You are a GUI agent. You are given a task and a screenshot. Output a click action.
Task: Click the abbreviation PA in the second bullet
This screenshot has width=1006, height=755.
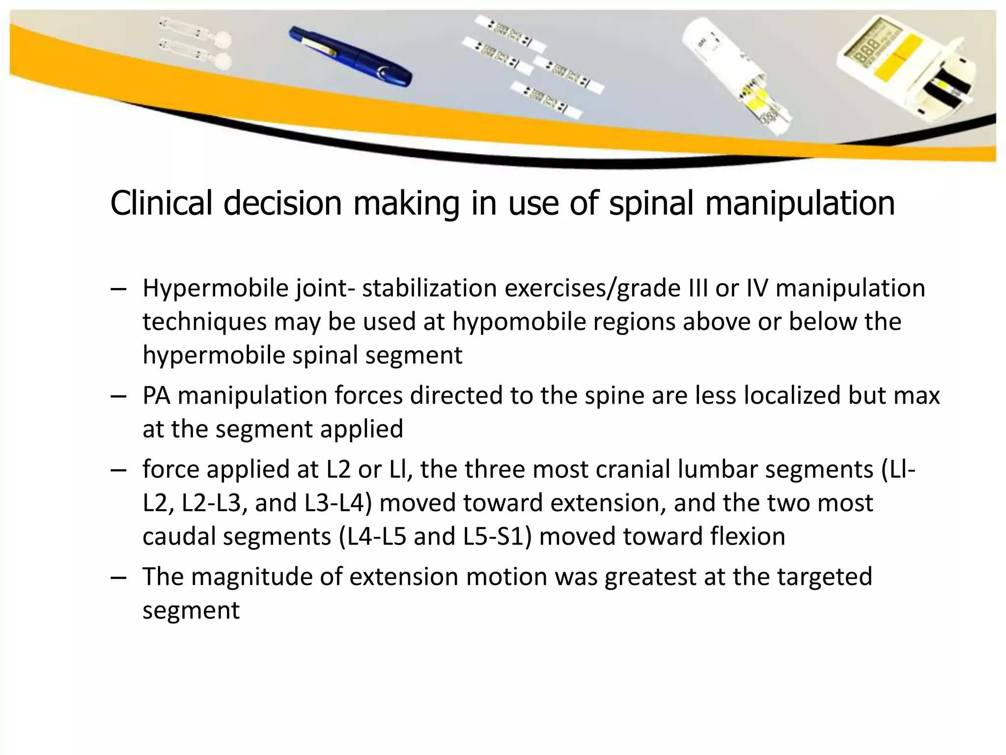[x=156, y=396]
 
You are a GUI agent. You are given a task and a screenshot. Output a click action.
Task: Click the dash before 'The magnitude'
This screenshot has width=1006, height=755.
[x=118, y=577]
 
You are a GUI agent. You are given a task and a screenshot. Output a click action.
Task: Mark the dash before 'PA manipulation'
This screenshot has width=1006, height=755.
[x=118, y=396]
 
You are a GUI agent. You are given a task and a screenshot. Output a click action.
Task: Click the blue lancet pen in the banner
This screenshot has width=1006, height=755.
[x=349, y=56]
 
